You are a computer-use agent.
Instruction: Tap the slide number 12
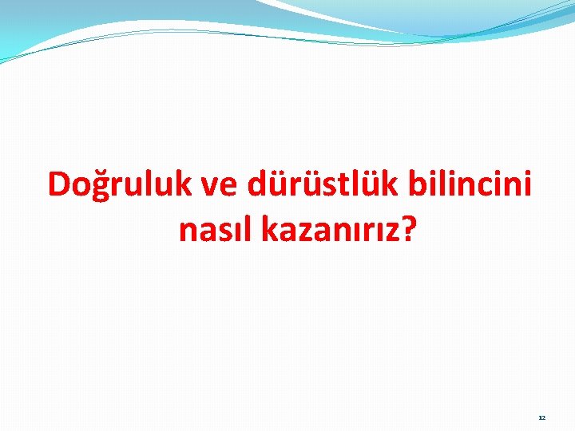tap(541, 417)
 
